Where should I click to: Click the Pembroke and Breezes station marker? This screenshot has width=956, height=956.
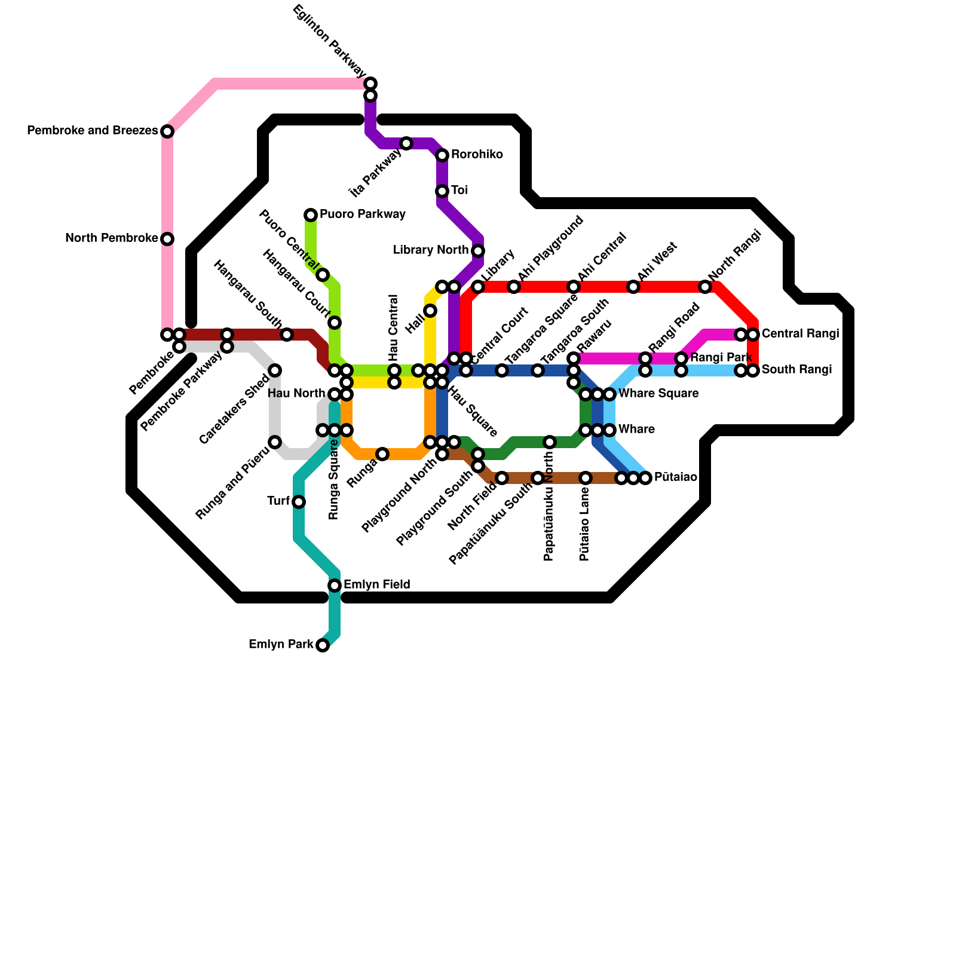(167, 131)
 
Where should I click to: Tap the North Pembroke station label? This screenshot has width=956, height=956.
(111, 238)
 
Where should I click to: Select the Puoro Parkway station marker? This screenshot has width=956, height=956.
(311, 215)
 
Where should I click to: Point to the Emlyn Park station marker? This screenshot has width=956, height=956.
(323, 645)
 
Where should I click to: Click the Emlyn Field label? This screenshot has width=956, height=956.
(376, 584)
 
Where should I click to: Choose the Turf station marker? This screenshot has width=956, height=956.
(299, 502)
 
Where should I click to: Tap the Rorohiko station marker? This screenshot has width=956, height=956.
(442, 155)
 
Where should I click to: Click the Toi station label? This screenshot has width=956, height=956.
(459, 190)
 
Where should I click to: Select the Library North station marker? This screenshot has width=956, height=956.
(478, 251)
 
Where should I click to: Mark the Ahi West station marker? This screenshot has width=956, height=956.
(633, 287)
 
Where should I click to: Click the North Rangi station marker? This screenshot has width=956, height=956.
(705, 287)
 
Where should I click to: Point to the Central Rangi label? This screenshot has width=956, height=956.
(800, 333)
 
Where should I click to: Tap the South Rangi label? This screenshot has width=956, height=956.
(796, 369)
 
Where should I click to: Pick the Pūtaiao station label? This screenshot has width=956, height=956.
(675, 477)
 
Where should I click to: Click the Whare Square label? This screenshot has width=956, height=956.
(658, 393)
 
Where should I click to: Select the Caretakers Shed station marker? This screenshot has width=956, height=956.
(275, 370)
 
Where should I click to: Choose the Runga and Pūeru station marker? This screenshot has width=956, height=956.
(275, 442)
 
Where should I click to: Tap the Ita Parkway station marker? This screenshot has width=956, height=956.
(406, 143)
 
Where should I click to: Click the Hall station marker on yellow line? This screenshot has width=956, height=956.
(430, 311)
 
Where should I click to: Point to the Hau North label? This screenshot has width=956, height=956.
(296, 393)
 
